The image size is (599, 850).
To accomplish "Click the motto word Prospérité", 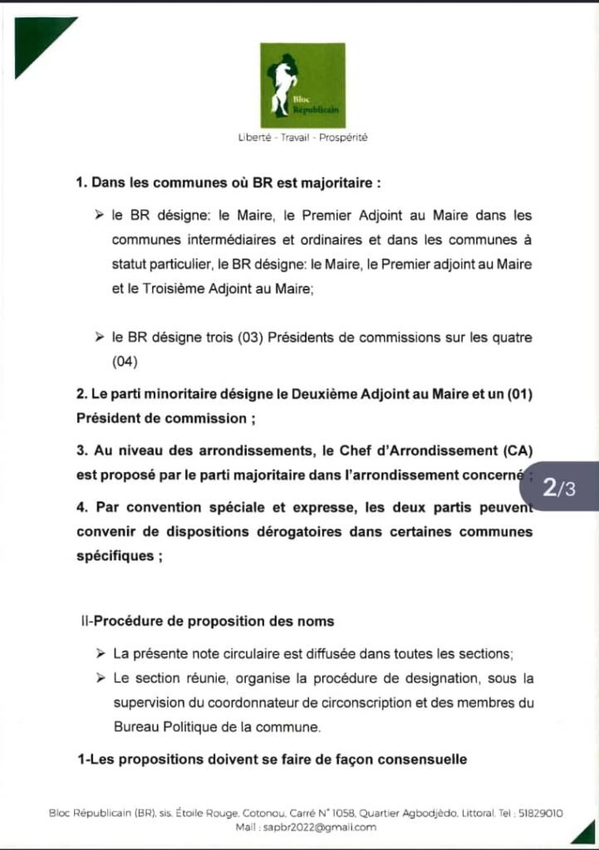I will pos(345,138).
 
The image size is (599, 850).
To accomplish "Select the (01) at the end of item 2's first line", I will pos(516,394).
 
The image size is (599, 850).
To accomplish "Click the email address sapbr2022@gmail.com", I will pos(318,827).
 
